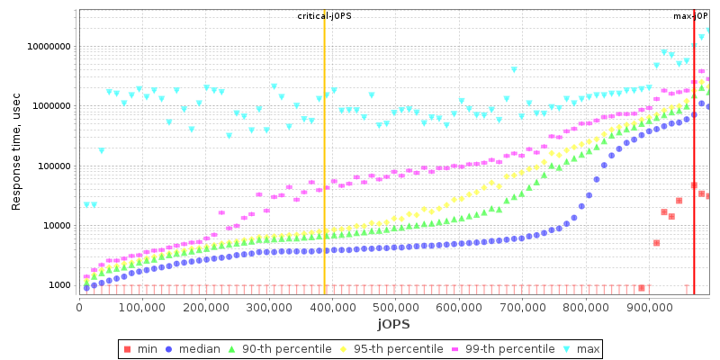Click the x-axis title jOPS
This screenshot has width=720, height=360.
pyautogui.click(x=393, y=323)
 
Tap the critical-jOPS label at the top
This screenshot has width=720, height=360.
pyautogui.click(x=324, y=16)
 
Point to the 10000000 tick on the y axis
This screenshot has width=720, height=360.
pyautogui.click(x=44, y=47)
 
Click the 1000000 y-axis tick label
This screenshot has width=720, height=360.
pyautogui.click(x=47, y=106)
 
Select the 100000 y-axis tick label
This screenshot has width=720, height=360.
pyautogui.click(x=49, y=166)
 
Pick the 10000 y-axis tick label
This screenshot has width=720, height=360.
pyautogui.click(x=52, y=226)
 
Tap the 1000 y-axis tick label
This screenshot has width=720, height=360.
pyautogui.click(x=56, y=285)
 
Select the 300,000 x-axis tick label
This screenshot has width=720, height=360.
pyautogui.click(x=269, y=306)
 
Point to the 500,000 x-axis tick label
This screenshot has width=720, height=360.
pyautogui.click(x=396, y=306)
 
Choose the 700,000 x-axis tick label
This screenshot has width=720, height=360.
pyautogui.click(x=523, y=306)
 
